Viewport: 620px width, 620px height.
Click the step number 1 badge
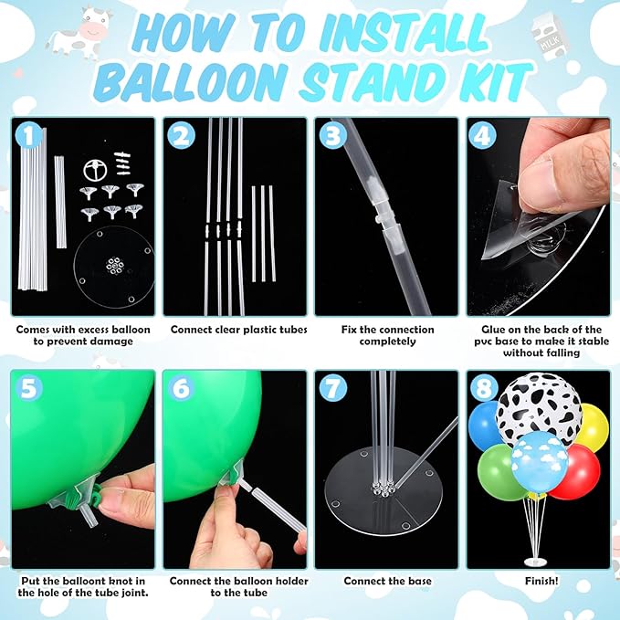pos(28,135)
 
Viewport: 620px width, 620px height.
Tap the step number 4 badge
pos(482,135)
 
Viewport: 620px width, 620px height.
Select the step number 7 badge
pos(333,388)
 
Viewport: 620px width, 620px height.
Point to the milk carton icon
pos(550,37)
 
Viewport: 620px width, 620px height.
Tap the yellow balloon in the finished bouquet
pos(594,427)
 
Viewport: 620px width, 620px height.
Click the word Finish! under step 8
pos(541,581)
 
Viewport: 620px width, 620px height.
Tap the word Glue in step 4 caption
pos(493,330)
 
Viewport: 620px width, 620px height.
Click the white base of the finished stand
pos(536,562)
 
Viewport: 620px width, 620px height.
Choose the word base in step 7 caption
pos(419,581)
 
